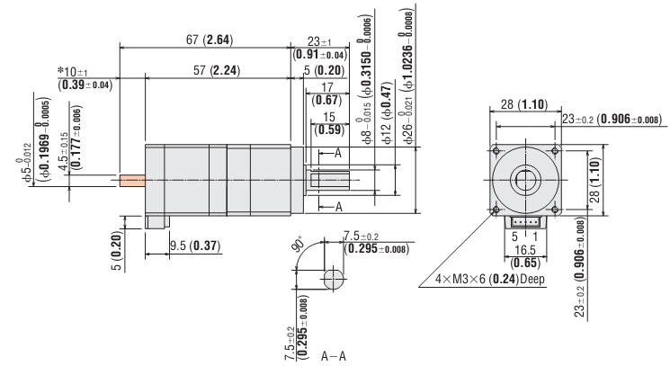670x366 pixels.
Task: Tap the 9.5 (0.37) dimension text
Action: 195,245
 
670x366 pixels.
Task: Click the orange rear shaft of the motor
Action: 131,180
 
